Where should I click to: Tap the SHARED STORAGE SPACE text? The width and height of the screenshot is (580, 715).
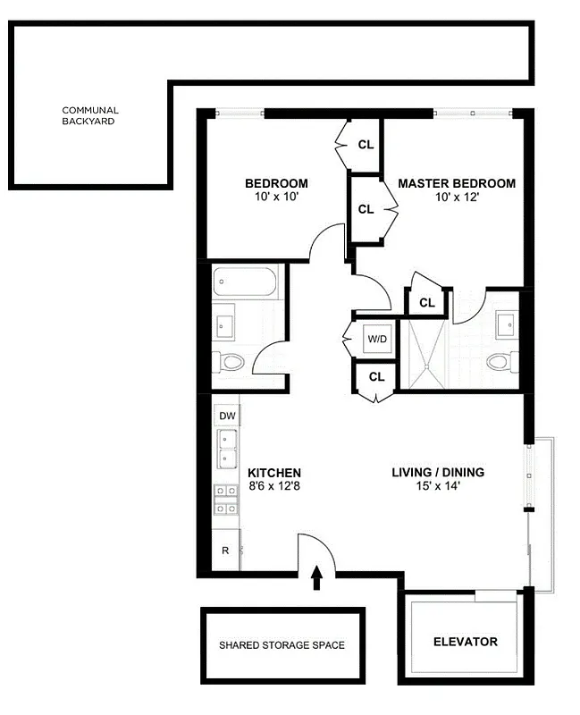coord(282,644)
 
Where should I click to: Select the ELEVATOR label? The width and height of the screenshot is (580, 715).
coord(465,642)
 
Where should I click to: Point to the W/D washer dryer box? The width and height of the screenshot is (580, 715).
coord(375,340)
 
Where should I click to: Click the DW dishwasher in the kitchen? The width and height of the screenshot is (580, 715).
coord(227,416)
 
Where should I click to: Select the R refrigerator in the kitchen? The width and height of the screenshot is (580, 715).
coord(226,551)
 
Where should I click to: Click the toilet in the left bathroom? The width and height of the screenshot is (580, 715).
coord(231,362)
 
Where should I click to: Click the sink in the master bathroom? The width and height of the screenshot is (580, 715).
coord(507,324)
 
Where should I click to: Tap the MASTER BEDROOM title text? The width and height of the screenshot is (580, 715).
coord(456,183)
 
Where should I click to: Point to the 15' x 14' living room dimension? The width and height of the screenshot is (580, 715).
coord(438,486)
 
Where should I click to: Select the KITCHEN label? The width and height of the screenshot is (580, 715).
coord(273,473)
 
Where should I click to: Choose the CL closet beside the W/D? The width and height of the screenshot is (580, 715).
coord(375,377)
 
